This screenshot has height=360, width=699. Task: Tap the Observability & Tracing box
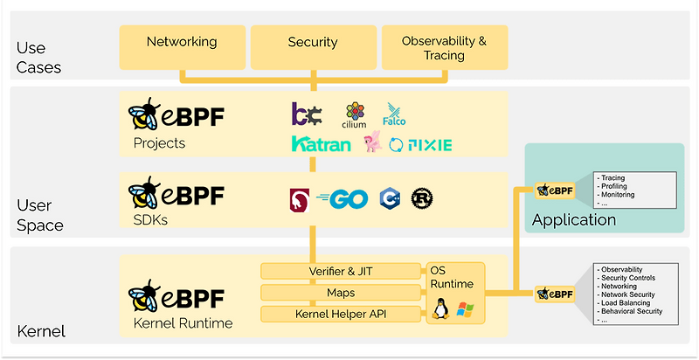[444, 47]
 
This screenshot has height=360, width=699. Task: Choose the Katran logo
[322, 144]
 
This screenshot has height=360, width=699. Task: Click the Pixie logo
[421, 144]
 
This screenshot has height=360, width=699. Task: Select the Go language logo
[343, 198]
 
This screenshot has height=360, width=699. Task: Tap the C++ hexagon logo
[390, 198]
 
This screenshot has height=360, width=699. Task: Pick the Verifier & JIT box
[341, 271]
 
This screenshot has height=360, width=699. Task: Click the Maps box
[341, 292]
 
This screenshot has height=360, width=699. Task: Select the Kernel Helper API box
[341, 313]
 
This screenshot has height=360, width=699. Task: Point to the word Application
[574, 219]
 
